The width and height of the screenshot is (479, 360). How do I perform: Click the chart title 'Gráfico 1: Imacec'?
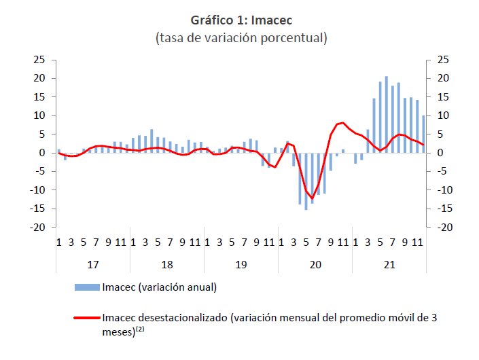point(241,20)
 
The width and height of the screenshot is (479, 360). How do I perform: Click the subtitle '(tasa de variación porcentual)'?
point(241,38)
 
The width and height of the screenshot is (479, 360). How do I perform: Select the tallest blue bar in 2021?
point(387,115)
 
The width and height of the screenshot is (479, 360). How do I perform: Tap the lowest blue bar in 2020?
point(306,181)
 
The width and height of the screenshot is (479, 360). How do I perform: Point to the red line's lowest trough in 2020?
point(313,198)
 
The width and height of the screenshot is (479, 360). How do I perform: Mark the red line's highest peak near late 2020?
point(343,123)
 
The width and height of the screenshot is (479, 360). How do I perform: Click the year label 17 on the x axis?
point(93,264)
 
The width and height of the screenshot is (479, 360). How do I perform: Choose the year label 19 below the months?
point(241,264)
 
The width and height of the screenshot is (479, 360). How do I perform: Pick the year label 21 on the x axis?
point(389,264)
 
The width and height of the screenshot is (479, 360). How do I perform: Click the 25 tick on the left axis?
point(39,60)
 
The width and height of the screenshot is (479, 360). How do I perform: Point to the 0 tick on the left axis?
point(42,153)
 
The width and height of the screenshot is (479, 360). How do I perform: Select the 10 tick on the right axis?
point(443,115)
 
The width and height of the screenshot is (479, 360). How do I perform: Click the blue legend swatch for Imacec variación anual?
point(88,287)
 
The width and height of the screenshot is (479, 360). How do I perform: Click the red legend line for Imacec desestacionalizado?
point(87,318)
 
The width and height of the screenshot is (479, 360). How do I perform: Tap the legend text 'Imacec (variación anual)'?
point(160,287)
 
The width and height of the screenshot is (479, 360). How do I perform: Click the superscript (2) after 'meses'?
point(140,329)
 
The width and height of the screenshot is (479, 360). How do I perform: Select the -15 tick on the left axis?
point(37,209)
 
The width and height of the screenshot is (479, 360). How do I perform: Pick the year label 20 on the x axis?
point(315,264)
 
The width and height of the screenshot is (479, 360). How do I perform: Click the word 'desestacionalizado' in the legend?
point(183,318)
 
